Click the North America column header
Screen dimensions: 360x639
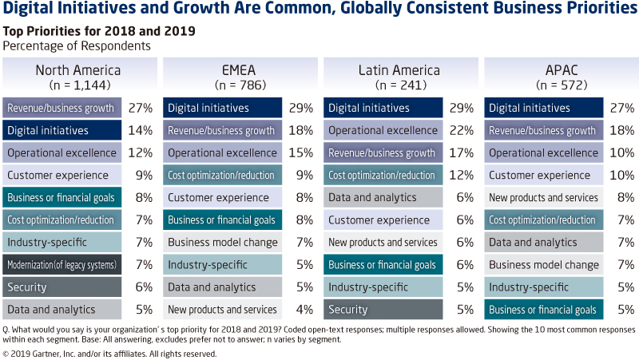pos(77,70)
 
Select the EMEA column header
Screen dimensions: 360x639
pos(239,70)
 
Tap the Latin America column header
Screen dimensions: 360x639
pos(399,70)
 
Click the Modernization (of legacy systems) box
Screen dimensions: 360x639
pos(62,264)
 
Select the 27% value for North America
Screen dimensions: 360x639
pos(142,108)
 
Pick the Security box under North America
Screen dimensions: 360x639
pos(62,287)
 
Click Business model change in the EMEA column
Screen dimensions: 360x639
pos(223,242)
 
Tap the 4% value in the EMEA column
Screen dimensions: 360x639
pos(304,309)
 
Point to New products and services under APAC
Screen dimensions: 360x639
pos(544,197)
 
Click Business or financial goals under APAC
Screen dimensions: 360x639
pos(544,309)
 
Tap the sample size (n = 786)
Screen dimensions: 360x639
pos(239,84)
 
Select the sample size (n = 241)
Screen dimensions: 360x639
pos(399,84)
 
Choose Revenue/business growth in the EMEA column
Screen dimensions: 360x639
pos(223,130)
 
